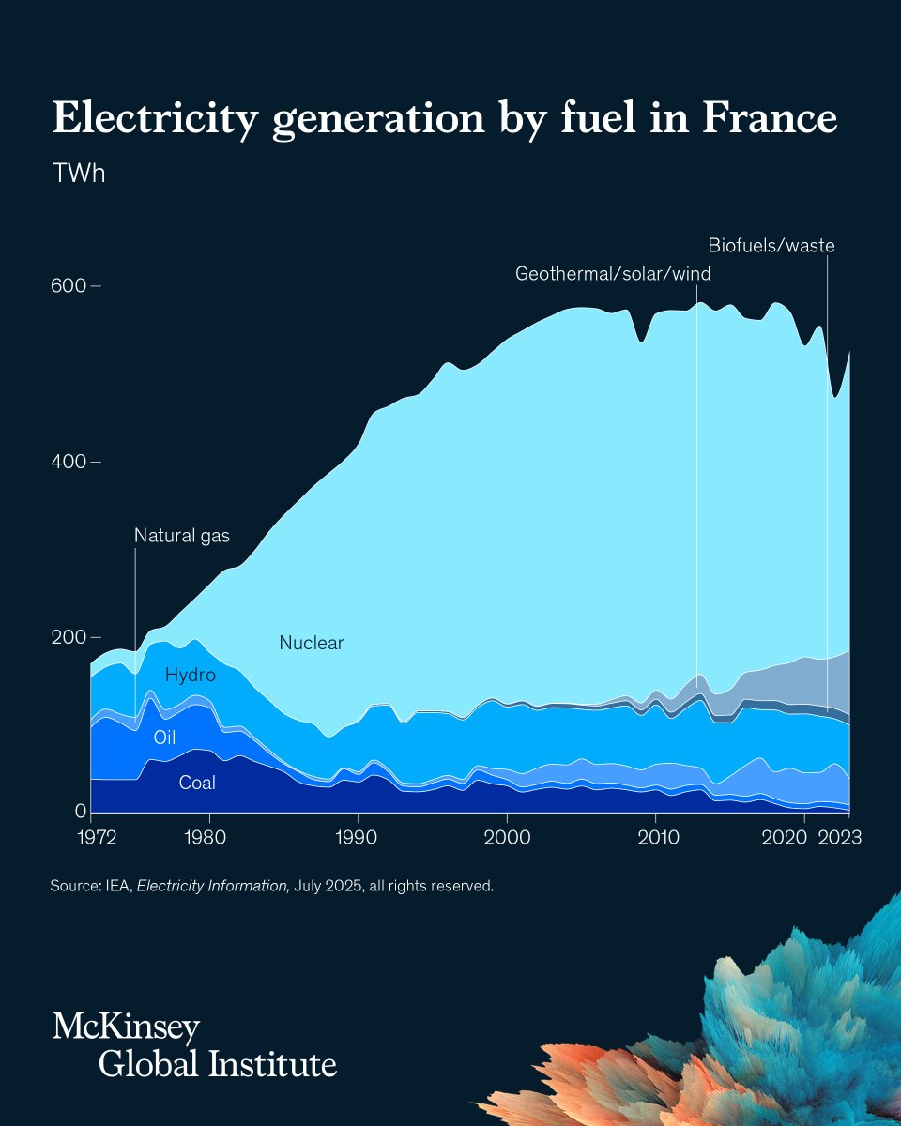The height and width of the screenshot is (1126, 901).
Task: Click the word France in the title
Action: (x=770, y=117)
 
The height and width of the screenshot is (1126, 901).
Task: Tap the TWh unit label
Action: (x=79, y=174)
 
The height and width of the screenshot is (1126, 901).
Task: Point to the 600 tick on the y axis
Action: (x=69, y=285)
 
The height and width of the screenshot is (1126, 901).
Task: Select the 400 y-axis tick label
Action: (x=69, y=462)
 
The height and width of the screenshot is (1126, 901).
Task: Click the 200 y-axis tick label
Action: (x=69, y=637)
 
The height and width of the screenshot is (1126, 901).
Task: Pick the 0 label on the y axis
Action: (x=80, y=811)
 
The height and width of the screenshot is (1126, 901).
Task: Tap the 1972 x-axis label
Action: (x=97, y=838)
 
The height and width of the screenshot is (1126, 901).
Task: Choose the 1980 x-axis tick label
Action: (x=206, y=838)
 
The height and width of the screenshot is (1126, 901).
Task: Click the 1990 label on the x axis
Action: (x=356, y=838)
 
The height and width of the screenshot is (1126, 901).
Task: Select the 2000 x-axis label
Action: (x=507, y=838)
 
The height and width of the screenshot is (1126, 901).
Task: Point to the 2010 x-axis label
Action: (x=658, y=838)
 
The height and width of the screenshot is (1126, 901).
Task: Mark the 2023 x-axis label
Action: (x=840, y=838)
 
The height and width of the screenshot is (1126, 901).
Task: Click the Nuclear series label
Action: (x=312, y=643)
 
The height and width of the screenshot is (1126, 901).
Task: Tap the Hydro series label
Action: (x=190, y=675)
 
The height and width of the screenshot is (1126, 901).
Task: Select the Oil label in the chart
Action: (x=164, y=738)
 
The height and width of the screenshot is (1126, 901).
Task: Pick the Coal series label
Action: (x=197, y=783)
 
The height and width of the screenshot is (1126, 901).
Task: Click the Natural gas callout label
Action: (x=182, y=536)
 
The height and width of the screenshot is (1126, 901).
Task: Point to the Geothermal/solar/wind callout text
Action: (x=613, y=274)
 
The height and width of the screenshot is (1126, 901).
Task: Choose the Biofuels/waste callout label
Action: (x=771, y=246)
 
